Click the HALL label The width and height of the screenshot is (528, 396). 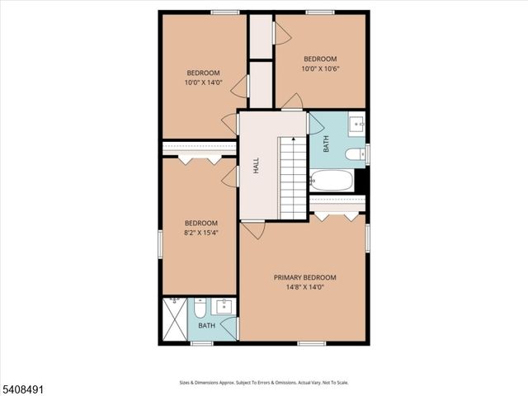[257, 166]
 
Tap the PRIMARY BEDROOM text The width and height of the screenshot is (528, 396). [305, 277]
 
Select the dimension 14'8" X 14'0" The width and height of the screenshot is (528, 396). [305, 287]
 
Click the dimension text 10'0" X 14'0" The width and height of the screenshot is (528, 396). [202, 82]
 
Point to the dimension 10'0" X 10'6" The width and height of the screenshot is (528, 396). [320, 68]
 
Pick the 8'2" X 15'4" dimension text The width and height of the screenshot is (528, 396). [200, 233]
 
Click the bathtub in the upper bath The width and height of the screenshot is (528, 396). [332, 181]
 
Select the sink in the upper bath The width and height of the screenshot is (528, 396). [357, 125]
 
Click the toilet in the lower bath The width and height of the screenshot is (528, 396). [200, 309]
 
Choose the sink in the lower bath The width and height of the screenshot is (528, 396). [223, 306]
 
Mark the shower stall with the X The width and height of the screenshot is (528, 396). [175, 319]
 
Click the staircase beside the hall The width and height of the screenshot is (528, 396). [292, 177]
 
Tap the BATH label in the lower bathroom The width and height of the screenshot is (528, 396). [206, 326]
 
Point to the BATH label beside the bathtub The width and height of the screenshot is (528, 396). [326, 145]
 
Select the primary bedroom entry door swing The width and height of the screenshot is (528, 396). [253, 229]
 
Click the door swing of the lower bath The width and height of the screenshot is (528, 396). [229, 328]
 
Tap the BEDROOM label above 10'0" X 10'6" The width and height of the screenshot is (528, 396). [320, 59]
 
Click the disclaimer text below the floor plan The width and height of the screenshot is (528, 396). [264, 383]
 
